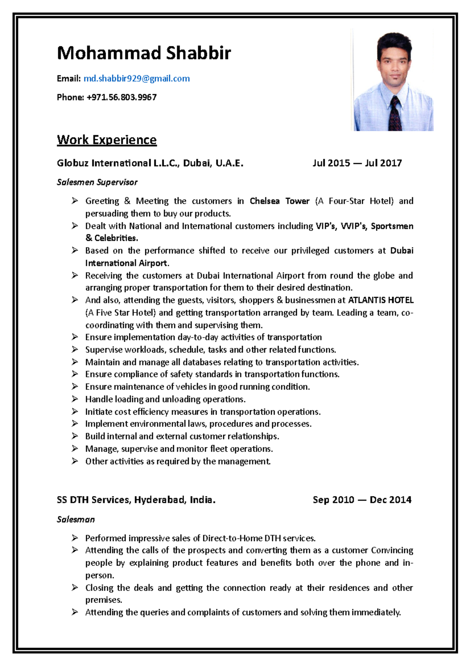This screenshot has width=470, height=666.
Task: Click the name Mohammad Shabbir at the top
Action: (144, 53)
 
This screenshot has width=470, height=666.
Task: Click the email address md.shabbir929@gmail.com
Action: (137, 78)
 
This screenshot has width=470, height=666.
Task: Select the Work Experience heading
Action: (107, 140)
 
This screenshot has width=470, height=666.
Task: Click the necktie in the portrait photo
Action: (395, 114)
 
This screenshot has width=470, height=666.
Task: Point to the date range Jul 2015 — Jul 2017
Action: (357, 163)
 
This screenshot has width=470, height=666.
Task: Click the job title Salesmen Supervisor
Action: (97, 182)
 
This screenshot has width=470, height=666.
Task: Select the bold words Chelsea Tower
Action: (279, 201)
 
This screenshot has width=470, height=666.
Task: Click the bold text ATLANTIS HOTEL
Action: (381, 300)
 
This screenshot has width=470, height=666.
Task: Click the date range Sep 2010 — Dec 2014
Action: (362, 500)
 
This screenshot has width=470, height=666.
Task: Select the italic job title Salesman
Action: (76, 520)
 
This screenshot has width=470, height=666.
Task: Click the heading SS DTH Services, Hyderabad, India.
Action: (136, 500)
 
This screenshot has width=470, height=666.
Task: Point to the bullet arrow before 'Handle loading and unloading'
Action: (75, 399)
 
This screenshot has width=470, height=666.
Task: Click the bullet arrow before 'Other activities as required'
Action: (75, 461)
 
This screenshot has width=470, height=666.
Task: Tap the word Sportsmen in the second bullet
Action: (392, 226)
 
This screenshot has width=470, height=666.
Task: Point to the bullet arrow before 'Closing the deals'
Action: (75, 588)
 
